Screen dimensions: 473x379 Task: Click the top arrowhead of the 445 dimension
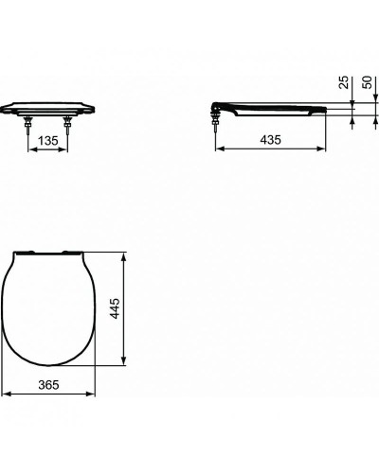[128, 254]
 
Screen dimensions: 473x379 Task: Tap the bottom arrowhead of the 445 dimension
[128, 366]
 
